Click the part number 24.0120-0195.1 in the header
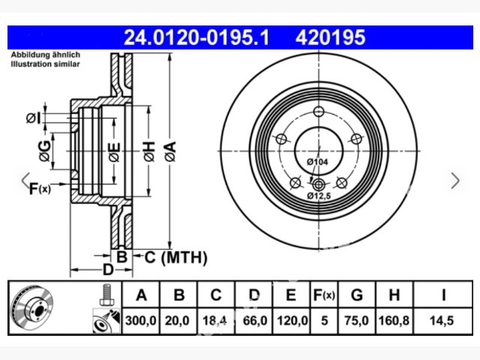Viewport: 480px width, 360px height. [196, 37]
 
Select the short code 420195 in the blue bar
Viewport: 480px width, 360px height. [330, 37]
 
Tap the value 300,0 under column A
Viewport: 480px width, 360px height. [141, 321]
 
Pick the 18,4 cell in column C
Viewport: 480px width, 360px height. [214, 321]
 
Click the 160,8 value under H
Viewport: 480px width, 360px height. [394, 321]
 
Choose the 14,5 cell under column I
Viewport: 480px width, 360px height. [442, 321]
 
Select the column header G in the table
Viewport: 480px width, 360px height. [357, 295]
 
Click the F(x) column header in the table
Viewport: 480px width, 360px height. [324, 295]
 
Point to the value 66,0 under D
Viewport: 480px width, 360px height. [255, 321]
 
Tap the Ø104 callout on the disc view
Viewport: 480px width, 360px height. [317, 162]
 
